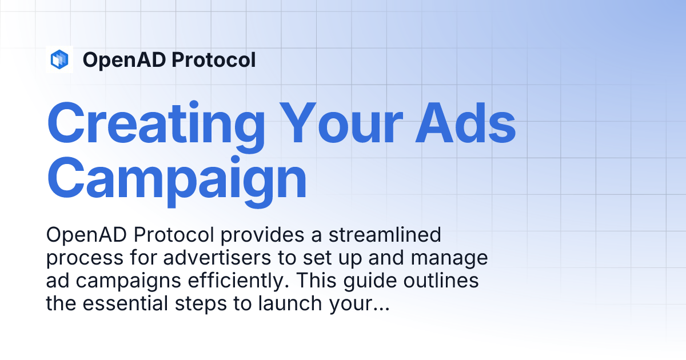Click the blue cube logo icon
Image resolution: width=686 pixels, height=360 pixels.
click(59, 59)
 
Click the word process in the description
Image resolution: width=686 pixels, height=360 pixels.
click(78, 258)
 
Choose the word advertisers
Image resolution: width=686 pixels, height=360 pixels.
click(207, 258)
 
